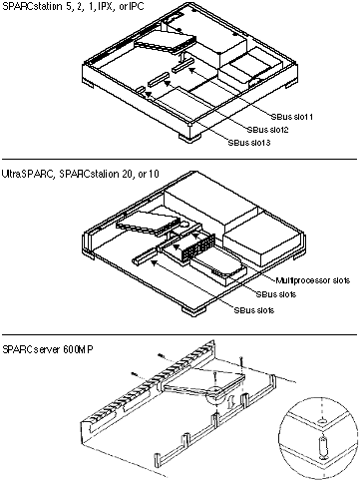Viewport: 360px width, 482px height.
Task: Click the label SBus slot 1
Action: pos(291,117)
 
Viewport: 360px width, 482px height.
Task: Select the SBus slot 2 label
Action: pos(267,130)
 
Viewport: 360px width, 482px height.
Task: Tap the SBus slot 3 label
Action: pos(249,143)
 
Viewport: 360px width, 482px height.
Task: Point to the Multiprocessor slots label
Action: pos(313,280)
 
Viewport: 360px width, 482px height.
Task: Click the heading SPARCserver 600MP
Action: pos(48,349)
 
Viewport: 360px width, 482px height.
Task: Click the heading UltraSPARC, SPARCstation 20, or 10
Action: pos(81,174)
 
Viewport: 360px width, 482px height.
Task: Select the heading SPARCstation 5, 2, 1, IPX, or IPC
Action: pos(73,6)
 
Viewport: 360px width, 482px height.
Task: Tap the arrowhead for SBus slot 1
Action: pos(192,69)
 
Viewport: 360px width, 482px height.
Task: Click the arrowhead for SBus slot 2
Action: pos(167,83)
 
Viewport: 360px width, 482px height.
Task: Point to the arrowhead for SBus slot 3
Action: pos(149,95)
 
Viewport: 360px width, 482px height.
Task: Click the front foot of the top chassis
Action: pos(189,137)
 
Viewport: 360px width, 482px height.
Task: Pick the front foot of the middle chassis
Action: pos(193,309)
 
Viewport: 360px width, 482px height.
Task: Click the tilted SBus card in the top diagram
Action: pos(164,43)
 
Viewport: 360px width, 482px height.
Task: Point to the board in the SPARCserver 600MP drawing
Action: pos(204,383)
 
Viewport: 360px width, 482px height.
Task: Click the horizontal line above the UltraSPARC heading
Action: pos(180,159)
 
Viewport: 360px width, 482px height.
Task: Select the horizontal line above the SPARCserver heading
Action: pos(180,334)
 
